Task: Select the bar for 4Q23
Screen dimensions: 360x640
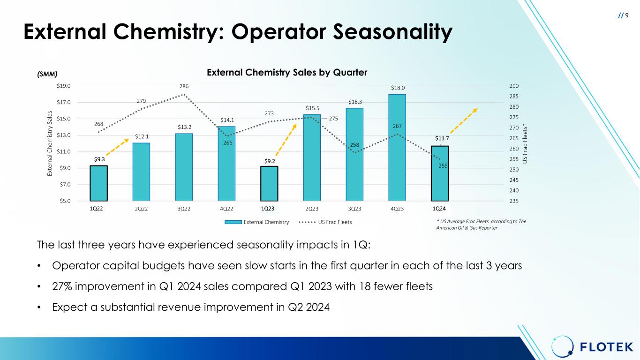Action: click(397, 148)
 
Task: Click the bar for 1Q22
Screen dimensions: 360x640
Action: click(98, 183)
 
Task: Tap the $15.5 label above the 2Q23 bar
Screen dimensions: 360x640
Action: click(312, 109)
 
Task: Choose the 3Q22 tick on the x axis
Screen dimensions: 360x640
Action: click(184, 209)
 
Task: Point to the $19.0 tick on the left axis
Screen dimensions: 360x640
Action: click(64, 86)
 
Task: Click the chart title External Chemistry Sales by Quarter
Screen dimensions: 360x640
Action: click(287, 73)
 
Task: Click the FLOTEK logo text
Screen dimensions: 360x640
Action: click(607, 347)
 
